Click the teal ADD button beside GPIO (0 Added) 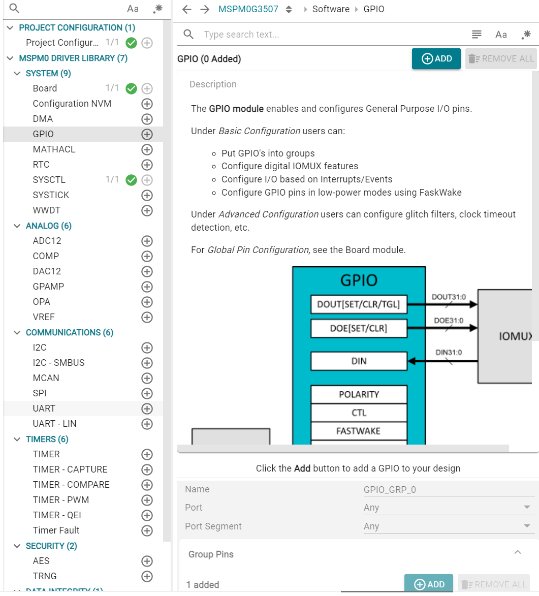pos(436,58)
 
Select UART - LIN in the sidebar pos(54,423)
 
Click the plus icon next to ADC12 pos(147,241)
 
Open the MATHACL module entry pos(54,149)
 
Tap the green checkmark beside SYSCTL pos(131,180)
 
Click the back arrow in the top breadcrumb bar pos(186,9)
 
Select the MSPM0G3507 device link pos(248,9)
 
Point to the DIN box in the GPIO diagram pos(359,361)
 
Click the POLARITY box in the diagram pos(359,395)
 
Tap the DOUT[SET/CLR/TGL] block pos(359,304)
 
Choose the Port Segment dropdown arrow pos(527,526)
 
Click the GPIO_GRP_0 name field pos(449,490)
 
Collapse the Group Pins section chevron pos(518,552)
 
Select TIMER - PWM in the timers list pos(61,500)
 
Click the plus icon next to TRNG pos(147,576)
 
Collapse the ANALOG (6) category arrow pos(17,226)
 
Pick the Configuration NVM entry pos(72,104)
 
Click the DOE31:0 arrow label pos(449,321)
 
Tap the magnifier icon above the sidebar pos(14,8)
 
